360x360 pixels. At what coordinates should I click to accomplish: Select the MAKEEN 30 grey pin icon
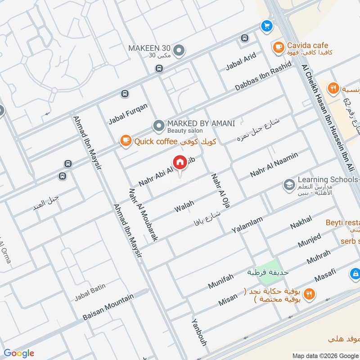179,51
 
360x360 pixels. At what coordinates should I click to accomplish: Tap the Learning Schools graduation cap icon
288,184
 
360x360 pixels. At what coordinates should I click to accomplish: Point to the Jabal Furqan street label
128,114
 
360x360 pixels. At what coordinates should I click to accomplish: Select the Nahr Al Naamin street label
274,166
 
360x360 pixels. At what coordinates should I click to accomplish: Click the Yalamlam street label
247,224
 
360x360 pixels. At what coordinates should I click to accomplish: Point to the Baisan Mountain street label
108,307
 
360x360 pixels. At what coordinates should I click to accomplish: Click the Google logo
19,353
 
